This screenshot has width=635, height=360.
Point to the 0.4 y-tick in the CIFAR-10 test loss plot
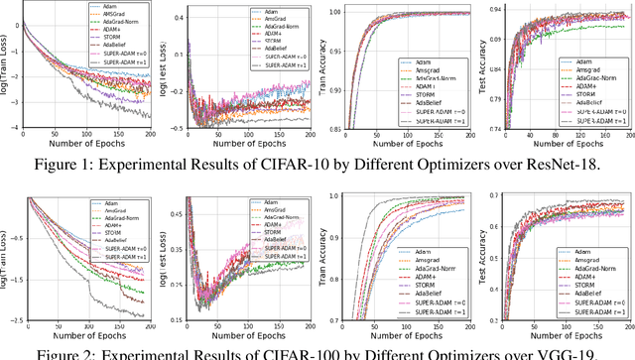[176, 17]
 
